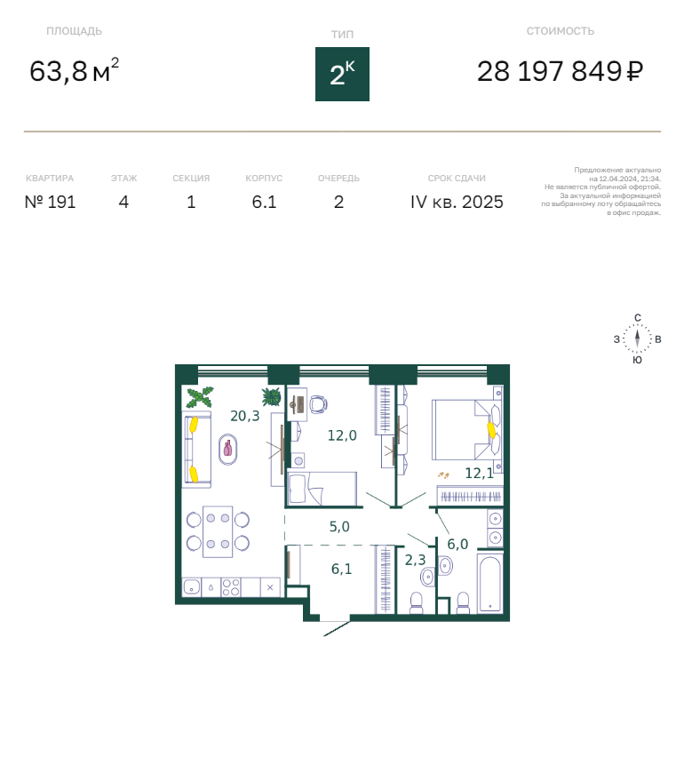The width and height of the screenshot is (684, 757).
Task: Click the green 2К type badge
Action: pyautogui.click(x=342, y=74)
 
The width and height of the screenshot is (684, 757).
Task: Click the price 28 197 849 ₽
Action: pyautogui.click(x=560, y=71)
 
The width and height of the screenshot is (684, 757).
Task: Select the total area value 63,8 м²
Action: pyautogui.click(x=74, y=70)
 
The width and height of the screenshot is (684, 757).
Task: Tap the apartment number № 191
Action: pyautogui.click(x=51, y=202)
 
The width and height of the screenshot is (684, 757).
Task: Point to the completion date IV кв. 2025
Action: pyautogui.click(x=457, y=202)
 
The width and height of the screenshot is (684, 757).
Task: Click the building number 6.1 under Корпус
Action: pyautogui.click(x=264, y=202)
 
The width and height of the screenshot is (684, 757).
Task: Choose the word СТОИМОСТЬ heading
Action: pyautogui.click(x=560, y=31)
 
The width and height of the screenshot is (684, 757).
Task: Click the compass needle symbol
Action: pyautogui.click(x=637, y=338)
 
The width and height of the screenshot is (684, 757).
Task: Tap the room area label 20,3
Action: pyautogui.click(x=245, y=416)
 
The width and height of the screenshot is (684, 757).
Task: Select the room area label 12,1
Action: pyautogui.click(x=479, y=473)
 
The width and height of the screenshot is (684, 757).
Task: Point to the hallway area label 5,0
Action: pyautogui.click(x=339, y=526)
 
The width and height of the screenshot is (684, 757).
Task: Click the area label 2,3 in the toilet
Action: pyautogui.click(x=415, y=560)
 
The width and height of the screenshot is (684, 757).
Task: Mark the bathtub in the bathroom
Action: pyautogui.click(x=490, y=583)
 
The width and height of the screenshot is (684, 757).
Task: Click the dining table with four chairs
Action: pyautogui.click(x=218, y=531)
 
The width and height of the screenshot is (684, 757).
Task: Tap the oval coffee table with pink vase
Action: pyautogui.click(x=227, y=450)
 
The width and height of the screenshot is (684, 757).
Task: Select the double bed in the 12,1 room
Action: pyautogui.click(x=466, y=430)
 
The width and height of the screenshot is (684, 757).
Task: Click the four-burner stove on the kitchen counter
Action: pyautogui.click(x=231, y=587)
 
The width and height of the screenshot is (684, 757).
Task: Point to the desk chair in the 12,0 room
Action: pyautogui.click(x=319, y=404)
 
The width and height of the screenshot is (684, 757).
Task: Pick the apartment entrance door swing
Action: pyautogui.click(x=336, y=628)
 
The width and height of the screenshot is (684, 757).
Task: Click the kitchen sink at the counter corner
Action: pyautogui.click(x=192, y=587)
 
